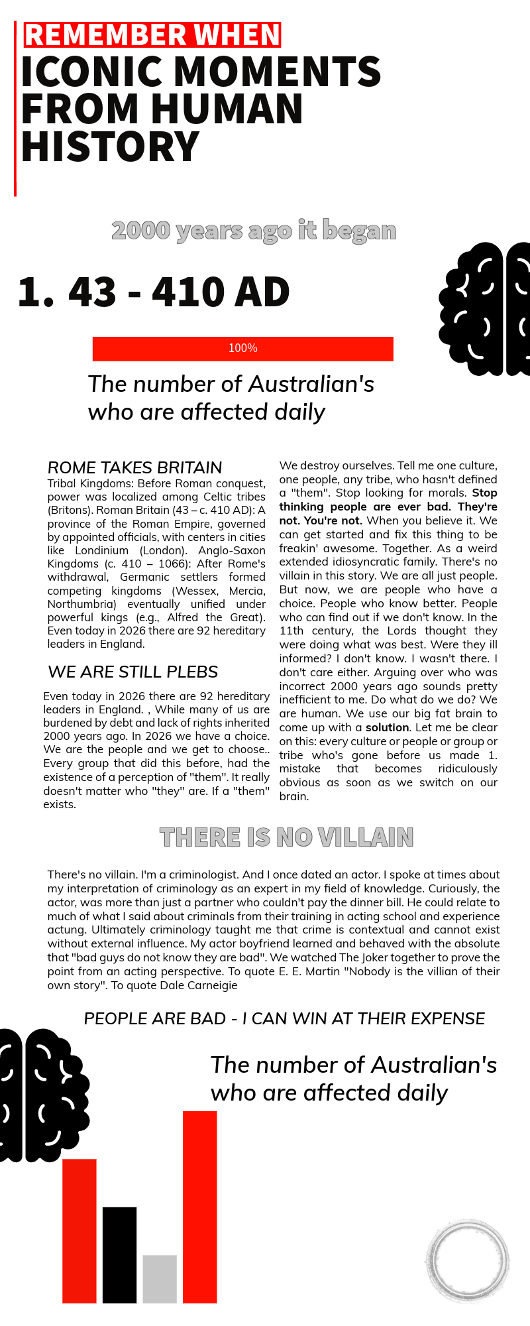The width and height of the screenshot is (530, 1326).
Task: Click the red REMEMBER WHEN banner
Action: (152, 35)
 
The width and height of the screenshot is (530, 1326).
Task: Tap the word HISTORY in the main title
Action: (110, 147)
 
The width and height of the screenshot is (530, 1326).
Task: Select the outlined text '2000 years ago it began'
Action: (254, 231)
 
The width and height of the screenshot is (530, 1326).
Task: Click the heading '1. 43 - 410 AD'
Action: (154, 292)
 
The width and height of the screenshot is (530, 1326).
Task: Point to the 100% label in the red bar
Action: (242, 348)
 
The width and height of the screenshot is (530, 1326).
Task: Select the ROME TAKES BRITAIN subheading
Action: (134, 467)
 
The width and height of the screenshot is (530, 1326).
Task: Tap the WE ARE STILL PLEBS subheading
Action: (132, 672)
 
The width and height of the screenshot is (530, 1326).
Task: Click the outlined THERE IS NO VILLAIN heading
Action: (286, 837)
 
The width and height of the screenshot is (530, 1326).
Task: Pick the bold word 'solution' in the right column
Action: (387, 727)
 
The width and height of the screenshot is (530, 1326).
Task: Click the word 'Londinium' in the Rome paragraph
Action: (102, 550)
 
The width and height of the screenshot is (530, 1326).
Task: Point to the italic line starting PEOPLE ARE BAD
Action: (284, 1018)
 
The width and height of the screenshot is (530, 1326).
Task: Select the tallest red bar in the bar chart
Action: (199, 1207)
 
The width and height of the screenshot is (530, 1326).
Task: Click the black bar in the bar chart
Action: (119, 1255)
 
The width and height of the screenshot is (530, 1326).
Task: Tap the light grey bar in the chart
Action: (160, 1279)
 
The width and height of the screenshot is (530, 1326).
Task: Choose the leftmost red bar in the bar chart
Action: (79, 1231)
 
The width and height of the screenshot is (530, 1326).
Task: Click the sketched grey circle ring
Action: (468, 1260)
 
